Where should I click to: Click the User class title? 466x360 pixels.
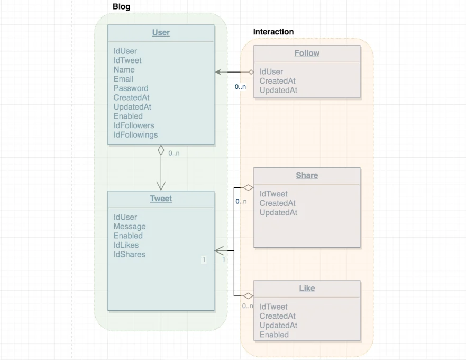[161, 33]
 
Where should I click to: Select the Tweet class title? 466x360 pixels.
[161, 199]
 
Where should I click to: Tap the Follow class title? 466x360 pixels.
[307, 53]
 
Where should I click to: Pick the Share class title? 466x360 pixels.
[307, 176]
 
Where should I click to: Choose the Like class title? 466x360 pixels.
[307, 289]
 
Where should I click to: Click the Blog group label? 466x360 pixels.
[121, 7]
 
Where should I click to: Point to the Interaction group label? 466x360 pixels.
[273, 32]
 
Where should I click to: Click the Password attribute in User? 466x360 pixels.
[131, 88]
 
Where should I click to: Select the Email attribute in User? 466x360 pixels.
[123, 79]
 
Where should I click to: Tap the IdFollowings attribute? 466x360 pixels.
[135, 134]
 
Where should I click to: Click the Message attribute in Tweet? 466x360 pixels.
[129, 227]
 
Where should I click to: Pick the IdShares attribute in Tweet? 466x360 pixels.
[129, 254]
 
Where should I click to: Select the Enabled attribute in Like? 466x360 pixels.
[274, 335]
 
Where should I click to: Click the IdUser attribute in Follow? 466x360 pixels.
[271, 72]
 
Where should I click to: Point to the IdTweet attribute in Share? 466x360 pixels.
[273, 194]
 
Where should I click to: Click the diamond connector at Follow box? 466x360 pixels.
[251, 72]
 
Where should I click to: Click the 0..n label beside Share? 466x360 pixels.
[241, 201]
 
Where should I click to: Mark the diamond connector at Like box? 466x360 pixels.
[248, 296]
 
